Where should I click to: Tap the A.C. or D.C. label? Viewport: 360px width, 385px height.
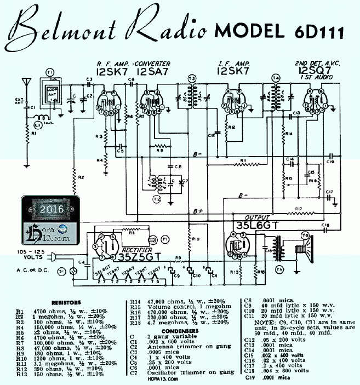[24, 271]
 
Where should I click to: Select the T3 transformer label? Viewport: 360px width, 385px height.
[191, 78]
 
